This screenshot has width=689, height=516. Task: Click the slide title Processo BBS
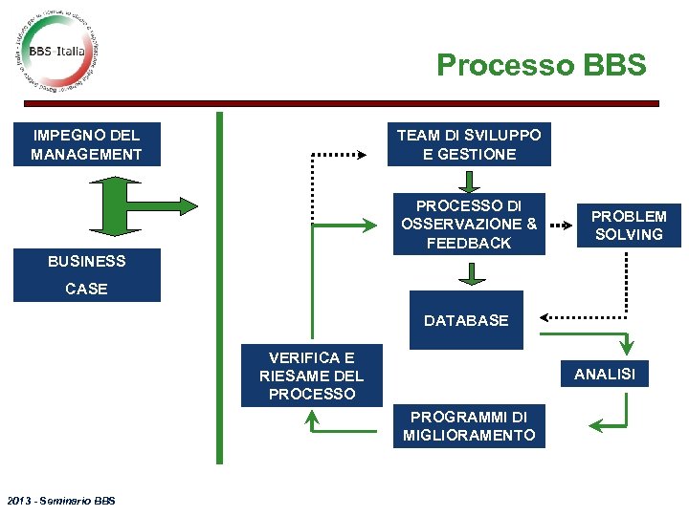542,65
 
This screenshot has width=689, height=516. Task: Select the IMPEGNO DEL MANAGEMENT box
86,144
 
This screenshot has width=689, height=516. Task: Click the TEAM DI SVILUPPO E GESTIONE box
469,144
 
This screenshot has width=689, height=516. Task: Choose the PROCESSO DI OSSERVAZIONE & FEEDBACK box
469,225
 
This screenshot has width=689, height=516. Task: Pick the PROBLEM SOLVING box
629,226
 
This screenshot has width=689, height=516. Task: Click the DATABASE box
466,320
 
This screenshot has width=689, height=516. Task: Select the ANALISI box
604,374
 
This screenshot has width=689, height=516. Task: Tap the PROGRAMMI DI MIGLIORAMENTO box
469,426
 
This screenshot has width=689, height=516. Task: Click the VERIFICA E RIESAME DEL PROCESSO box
311,376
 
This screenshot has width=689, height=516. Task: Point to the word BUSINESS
86,261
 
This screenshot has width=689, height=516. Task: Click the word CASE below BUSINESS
86,289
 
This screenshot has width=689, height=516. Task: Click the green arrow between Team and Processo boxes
469,182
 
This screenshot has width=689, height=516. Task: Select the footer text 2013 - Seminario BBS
59,501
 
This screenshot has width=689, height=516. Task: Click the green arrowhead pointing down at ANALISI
629,347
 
